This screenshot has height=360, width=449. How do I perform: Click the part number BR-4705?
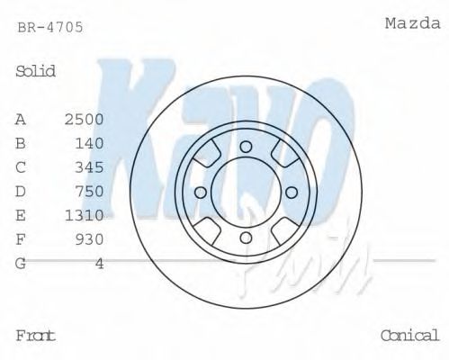50,27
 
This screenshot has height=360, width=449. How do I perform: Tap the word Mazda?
412,22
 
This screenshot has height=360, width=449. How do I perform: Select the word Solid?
36,71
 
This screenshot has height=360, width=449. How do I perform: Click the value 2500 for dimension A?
85,119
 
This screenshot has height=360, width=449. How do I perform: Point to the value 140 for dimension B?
90,143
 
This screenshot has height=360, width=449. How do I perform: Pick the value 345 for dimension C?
90,167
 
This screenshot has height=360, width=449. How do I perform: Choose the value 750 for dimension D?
90,191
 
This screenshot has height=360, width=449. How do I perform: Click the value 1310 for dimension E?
85,215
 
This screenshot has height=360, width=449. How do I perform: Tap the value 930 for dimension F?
90,239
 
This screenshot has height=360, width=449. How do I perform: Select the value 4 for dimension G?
100,263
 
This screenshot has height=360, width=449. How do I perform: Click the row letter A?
21,119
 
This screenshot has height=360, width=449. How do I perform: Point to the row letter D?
21,191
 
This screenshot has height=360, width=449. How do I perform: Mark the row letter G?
21,263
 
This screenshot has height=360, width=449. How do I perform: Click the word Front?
36,336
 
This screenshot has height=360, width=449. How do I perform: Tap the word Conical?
409,336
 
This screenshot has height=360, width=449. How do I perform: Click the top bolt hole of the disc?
246,147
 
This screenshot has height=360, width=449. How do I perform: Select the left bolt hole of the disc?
201,192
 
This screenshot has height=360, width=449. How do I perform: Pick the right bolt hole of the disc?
291,192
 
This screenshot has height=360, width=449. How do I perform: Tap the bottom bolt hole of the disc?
246,237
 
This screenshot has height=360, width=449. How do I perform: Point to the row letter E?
21,215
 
